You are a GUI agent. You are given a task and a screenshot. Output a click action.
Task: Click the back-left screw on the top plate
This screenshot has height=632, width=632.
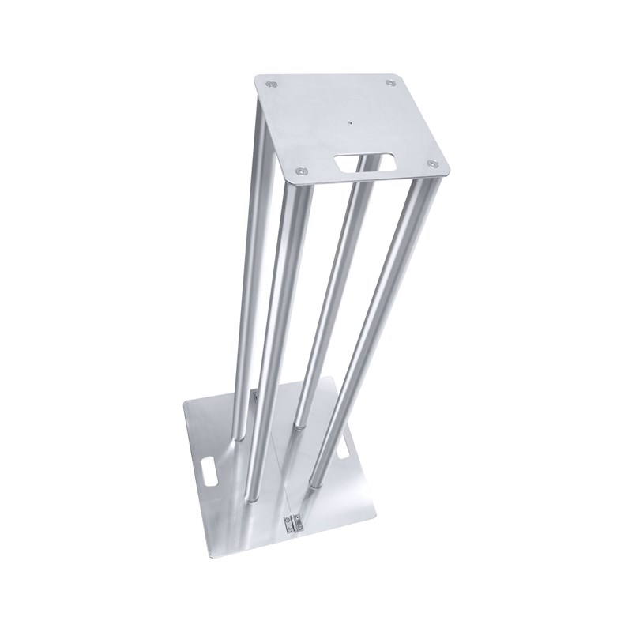tap(273, 82)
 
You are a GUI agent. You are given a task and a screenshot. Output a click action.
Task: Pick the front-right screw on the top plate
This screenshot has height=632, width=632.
tap(431, 164)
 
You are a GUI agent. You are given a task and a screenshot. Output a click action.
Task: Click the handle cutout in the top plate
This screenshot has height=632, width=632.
tap(366, 162)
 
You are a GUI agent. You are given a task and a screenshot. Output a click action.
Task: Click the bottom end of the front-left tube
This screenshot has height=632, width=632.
tap(251, 496)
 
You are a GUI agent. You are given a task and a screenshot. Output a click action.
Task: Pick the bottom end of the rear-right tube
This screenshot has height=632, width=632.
tap(299, 425)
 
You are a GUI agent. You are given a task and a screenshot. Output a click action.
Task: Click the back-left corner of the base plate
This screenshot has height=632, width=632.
tap(185, 402)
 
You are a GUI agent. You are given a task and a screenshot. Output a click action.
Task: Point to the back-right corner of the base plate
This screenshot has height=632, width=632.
tap(337, 380)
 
